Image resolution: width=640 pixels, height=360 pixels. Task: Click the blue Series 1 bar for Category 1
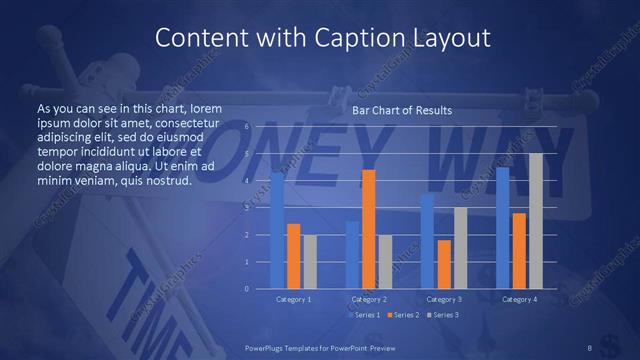(x=277, y=231)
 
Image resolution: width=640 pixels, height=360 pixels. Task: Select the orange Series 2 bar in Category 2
(x=369, y=229)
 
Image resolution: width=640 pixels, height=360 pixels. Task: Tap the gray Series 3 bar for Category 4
(x=536, y=221)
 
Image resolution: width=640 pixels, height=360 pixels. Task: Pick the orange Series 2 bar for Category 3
(x=444, y=264)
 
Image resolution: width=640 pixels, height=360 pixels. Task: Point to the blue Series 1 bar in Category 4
(x=503, y=228)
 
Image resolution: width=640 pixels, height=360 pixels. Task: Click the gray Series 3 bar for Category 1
(x=310, y=262)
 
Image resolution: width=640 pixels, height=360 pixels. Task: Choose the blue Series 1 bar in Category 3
(x=427, y=241)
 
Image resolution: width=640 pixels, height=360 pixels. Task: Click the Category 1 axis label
(x=294, y=299)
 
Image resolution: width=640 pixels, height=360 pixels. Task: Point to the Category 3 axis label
(x=444, y=299)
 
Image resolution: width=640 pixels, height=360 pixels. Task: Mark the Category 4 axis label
(x=519, y=299)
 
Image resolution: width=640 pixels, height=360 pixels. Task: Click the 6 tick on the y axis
(x=246, y=128)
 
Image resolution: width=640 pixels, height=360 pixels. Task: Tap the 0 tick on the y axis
(x=246, y=288)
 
